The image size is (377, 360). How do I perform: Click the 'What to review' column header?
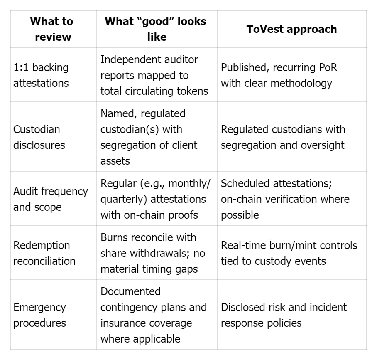point(51,29)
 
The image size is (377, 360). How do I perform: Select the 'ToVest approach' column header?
point(291,29)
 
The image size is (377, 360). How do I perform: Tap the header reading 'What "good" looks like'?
point(156,29)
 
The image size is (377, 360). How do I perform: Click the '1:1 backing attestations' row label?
point(41,75)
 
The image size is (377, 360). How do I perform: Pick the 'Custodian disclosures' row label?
point(39,137)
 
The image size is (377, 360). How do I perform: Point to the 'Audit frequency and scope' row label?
point(51,199)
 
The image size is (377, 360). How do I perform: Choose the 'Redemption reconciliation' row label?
point(44,253)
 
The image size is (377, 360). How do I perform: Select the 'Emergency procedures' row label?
point(39,315)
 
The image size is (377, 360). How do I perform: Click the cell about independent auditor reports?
point(154,75)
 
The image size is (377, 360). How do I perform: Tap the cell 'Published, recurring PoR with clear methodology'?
point(279,75)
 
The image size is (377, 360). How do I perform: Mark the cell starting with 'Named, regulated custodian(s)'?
point(149,137)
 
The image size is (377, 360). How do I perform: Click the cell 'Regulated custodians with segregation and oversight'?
point(283,137)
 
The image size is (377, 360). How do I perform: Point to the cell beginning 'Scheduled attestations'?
point(285,199)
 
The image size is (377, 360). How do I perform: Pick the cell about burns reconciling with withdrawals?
point(153,253)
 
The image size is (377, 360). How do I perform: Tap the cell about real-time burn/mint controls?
point(289,253)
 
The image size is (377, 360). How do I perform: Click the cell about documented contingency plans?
point(153,315)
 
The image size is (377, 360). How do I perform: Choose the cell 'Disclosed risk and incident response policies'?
point(284,315)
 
